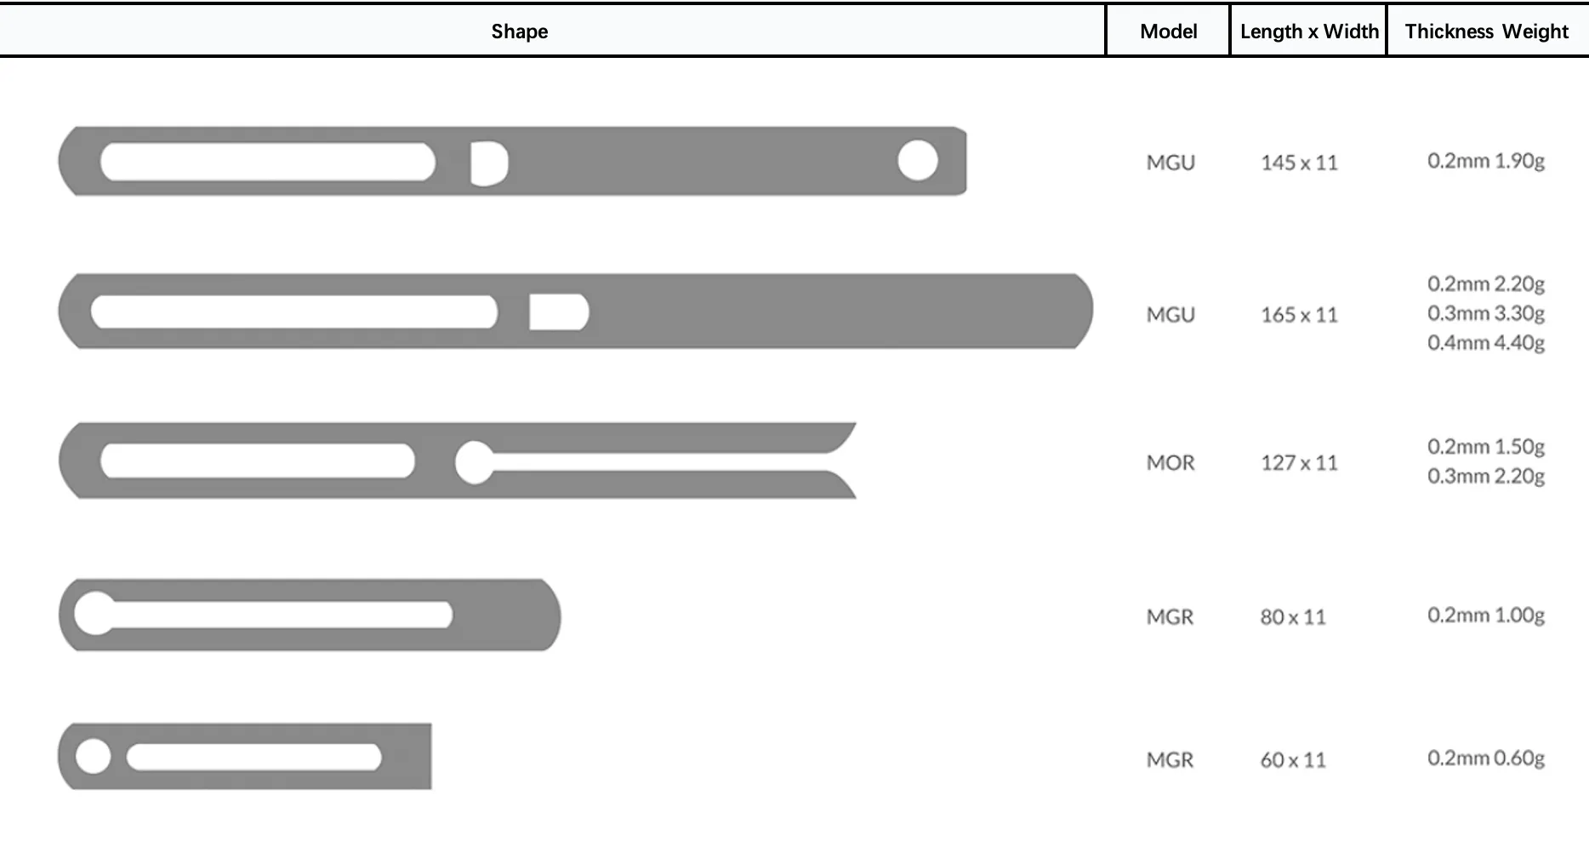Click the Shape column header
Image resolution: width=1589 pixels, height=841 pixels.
click(519, 31)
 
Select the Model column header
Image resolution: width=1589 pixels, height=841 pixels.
click(1168, 31)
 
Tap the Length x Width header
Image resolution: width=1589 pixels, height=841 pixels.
click(1309, 31)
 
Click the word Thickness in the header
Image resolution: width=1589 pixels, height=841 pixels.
click(1449, 31)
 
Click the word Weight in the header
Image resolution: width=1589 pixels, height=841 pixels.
click(1535, 31)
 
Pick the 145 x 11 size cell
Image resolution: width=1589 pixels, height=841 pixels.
click(1299, 162)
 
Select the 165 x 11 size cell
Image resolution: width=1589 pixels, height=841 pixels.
click(1299, 314)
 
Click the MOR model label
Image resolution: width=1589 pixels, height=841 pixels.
click(1170, 462)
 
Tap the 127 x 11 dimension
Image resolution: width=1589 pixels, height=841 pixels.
click(1299, 462)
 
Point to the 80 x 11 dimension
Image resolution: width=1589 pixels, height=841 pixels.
click(1293, 616)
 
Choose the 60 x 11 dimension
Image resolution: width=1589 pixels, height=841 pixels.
click(1293, 759)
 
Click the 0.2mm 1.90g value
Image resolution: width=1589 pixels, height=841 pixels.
click(1486, 161)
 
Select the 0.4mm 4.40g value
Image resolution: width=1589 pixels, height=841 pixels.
click(1486, 342)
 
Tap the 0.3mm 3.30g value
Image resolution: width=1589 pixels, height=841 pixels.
click(1486, 313)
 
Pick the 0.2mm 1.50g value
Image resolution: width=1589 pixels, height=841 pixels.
click(1486, 447)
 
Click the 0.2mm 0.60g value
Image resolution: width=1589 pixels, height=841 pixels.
click(1486, 758)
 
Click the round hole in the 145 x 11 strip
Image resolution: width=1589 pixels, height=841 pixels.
click(918, 160)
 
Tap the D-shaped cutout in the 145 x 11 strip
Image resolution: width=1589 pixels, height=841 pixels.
click(489, 163)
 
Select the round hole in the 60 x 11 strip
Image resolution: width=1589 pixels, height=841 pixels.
click(93, 757)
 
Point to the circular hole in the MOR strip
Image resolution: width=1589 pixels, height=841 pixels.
click(474, 462)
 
